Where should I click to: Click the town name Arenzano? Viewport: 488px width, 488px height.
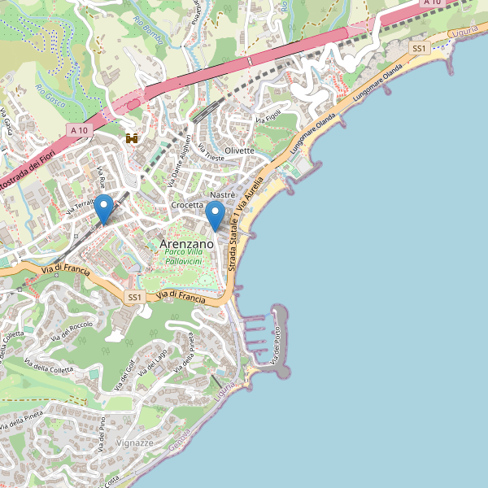(x=187, y=243)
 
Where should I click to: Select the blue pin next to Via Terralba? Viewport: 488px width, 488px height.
(x=104, y=209)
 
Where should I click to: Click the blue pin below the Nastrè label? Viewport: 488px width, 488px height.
(x=215, y=216)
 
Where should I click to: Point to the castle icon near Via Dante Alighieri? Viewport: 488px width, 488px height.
(x=132, y=138)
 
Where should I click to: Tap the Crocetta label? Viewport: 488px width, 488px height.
(x=187, y=206)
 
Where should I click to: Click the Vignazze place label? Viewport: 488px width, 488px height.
(x=134, y=442)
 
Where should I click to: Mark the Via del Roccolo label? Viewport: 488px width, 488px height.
(x=72, y=332)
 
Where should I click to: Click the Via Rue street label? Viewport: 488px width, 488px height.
(x=102, y=176)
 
